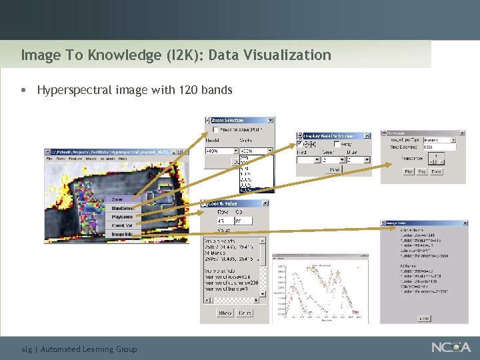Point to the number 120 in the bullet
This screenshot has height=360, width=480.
pos(189,89)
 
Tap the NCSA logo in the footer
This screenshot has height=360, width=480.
pos(451,347)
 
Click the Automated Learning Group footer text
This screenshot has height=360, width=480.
pos(89,349)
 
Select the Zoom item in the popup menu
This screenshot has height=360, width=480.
pos(117,199)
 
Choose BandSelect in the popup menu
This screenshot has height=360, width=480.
pos(122,208)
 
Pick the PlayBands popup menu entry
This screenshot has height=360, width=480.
pos(122,217)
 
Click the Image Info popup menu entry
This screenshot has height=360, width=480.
pos(122,234)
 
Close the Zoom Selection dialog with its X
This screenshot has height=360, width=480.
pos(270,121)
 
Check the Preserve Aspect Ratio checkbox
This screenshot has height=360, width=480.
pos(215,129)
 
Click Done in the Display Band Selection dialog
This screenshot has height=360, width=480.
pos(333,170)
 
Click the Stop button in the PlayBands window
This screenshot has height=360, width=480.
pos(422,171)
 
